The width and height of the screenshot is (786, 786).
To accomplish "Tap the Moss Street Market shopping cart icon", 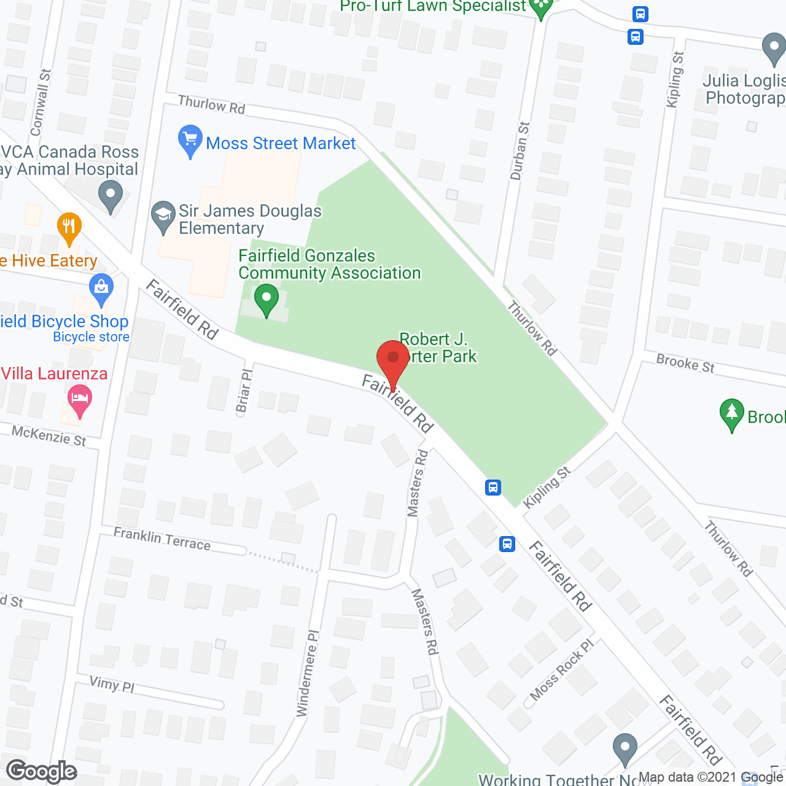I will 190,141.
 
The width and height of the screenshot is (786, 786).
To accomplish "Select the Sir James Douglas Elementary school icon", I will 163,217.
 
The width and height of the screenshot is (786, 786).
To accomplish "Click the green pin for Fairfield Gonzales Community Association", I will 267,300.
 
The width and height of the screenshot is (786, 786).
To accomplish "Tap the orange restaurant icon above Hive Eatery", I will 69,228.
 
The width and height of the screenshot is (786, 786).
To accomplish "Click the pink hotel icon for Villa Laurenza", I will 80,400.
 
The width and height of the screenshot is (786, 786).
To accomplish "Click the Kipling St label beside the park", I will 547,488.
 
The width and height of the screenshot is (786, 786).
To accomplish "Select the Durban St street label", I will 519,150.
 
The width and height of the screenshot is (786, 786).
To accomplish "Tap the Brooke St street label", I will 685,363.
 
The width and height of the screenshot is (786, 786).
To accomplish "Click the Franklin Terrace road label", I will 162,539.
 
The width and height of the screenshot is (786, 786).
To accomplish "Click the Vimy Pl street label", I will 112,683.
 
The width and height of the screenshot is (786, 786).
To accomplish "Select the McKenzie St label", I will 49,436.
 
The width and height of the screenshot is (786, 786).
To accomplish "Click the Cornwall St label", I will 41,103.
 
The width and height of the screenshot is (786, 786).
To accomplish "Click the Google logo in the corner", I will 42,771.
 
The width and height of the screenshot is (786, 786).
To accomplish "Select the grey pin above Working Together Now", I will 625,749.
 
